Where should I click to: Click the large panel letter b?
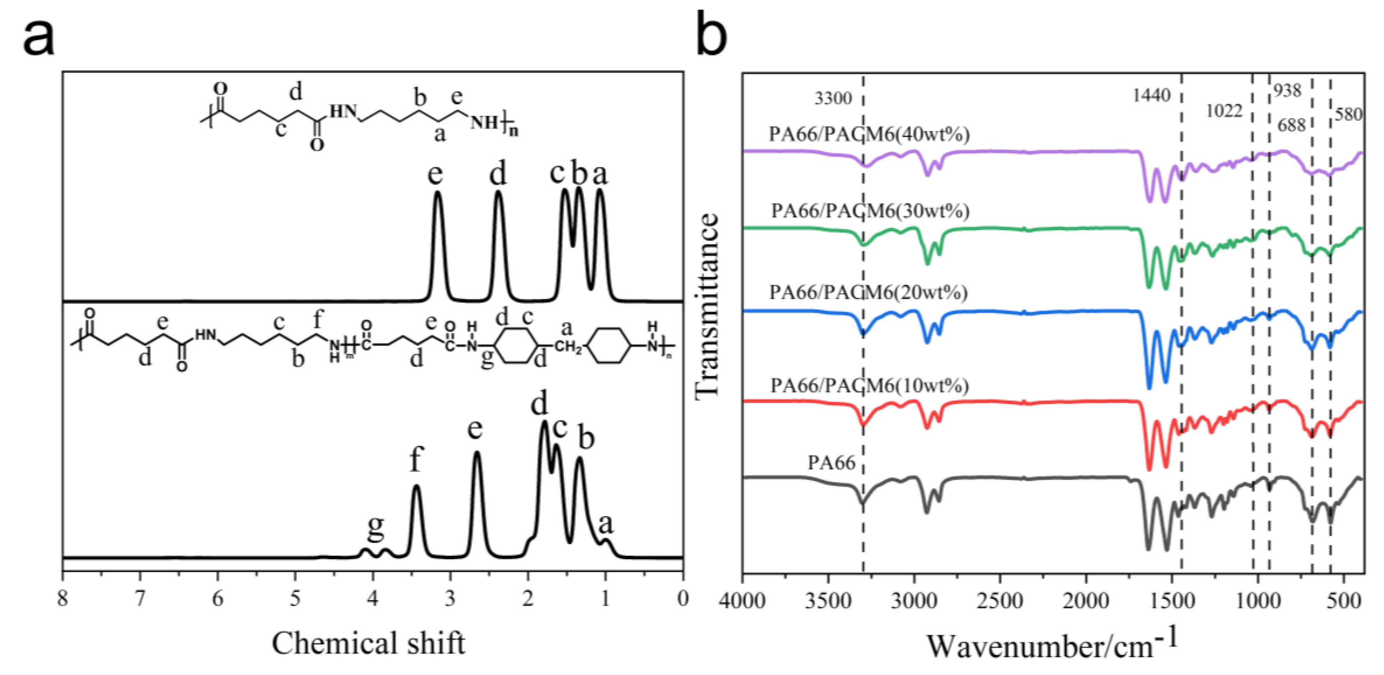(712, 33)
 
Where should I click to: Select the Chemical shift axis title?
(369, 643)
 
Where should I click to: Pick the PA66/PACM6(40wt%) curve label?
(869, 134)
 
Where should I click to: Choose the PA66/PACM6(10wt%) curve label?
(869, 385)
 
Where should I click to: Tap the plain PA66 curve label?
(831, 462)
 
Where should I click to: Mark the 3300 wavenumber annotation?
(833, 99)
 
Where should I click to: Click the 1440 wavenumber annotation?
(1152, 96)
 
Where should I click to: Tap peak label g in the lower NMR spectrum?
(376, 529)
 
